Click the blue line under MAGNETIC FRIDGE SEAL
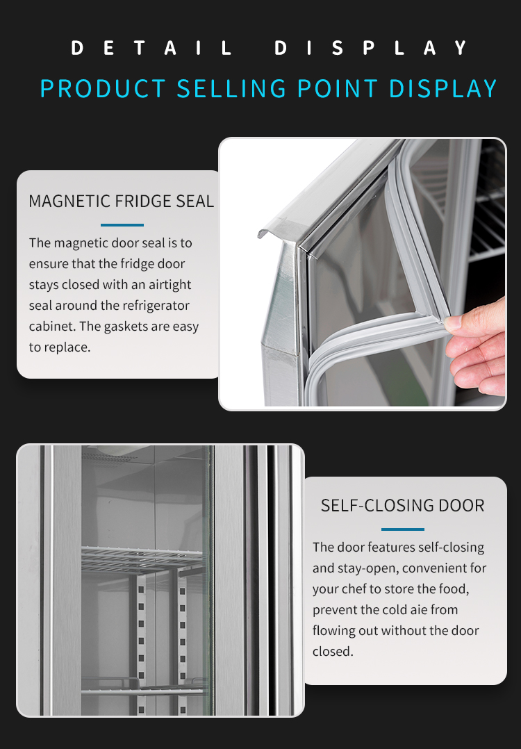122,225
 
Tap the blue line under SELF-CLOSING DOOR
403,529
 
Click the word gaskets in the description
133,327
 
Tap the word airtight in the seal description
169,285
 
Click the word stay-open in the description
371,568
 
